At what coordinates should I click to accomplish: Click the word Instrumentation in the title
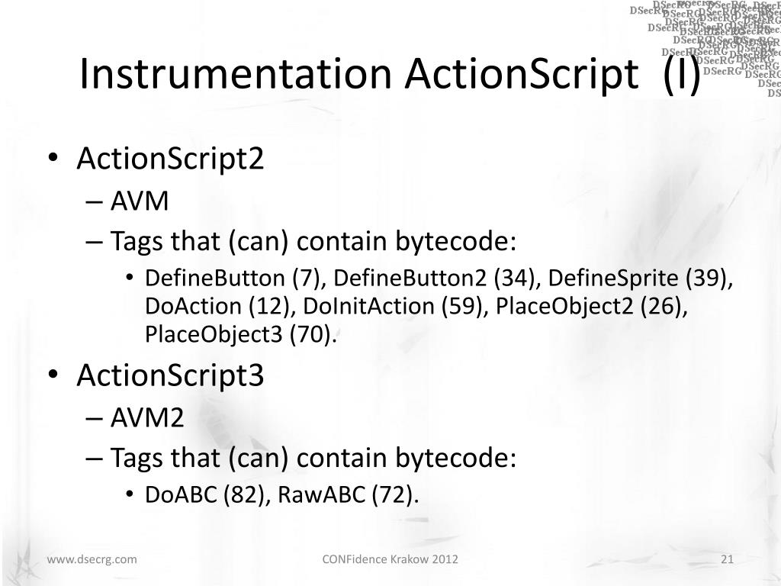point(236,75)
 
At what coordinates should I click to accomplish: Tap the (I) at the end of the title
point(681,75)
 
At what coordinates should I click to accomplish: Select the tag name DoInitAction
point(370,305)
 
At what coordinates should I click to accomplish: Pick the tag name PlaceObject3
point(214,333)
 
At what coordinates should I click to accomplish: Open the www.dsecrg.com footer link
point(92,560)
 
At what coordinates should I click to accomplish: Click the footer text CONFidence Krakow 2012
point(390,560)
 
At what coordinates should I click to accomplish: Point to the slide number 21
point(727,560)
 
